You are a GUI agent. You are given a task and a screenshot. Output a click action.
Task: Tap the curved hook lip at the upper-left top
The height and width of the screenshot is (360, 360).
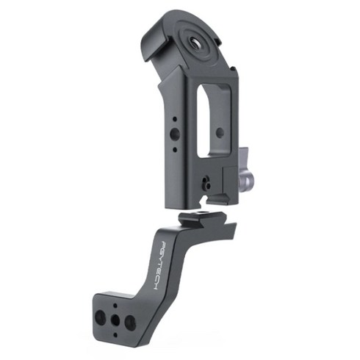click(x=152, y=43)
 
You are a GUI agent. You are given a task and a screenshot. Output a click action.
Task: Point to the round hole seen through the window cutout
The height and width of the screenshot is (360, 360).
click(x=220, y=133)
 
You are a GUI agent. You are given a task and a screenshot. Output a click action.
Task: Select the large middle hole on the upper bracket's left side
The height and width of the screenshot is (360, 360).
click(x=175, y=134)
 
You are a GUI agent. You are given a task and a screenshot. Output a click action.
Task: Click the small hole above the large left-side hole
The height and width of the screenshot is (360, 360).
click(x=175, y=119)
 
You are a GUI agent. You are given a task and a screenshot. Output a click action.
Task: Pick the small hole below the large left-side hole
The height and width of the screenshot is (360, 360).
click(x=175, y=149)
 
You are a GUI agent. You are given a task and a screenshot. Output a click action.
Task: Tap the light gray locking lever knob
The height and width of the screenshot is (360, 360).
click(x=245, y=171)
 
